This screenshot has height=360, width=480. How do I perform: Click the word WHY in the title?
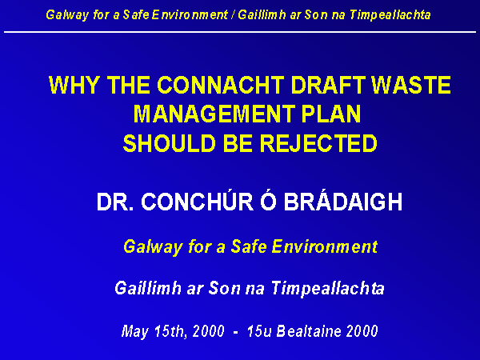(x=74, y=85)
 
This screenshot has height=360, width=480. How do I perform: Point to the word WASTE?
(x=411, y=85)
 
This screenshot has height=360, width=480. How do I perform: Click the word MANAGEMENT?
(x=214, y=114)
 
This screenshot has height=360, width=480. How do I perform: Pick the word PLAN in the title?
(x=331, y=114)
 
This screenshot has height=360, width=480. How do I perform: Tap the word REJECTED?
(x=318, y=143)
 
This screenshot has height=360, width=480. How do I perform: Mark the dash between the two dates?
(x=235, y=332)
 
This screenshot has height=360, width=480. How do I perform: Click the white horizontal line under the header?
(x=240, y=31)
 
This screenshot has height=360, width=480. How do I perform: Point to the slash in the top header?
(x=233, y=14)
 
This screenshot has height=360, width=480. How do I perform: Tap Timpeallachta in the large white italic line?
(x=327, y=288)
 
